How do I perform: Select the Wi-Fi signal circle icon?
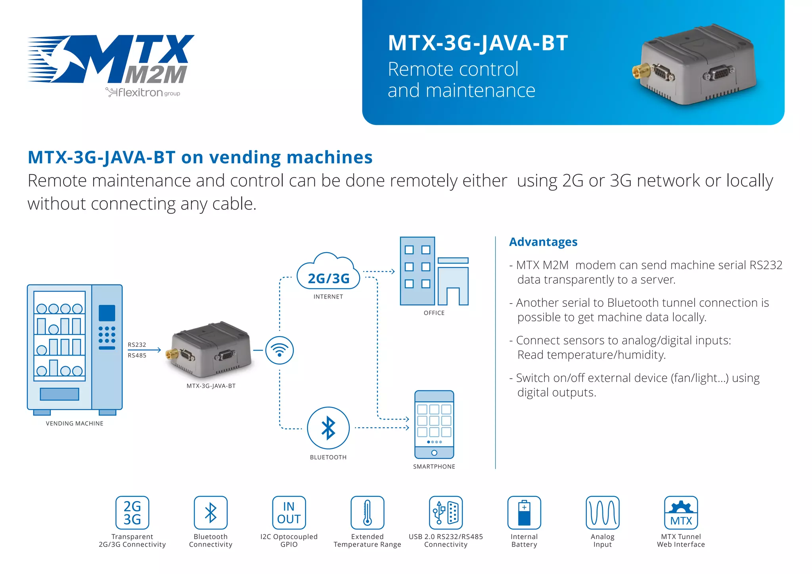point(280,350)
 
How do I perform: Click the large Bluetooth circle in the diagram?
point(328,428)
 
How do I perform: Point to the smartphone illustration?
point(434,424)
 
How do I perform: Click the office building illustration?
point(434,272)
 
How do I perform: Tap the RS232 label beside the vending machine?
point(137,345)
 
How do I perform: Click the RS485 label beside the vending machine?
point(137,356)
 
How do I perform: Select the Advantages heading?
point(543,242)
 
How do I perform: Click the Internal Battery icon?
point(524,513)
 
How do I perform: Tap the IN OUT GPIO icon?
point(289,513)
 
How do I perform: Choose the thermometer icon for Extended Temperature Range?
point(368,513)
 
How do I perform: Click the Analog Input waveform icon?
point(602,513)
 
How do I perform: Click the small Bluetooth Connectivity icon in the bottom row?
point(211,513)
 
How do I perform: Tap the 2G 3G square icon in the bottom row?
point(132,513)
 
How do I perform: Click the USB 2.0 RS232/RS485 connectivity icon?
point(446,513)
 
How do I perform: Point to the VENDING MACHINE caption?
point(75,423)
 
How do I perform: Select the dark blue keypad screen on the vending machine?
point(107,313)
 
